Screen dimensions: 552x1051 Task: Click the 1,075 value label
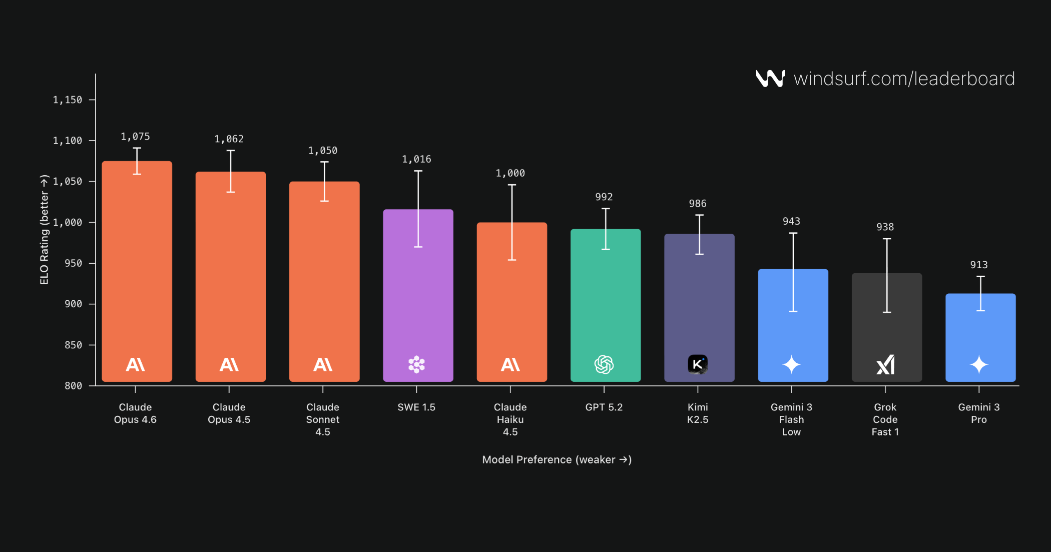click(135, 137)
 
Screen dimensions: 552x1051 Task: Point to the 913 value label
click(979, 265)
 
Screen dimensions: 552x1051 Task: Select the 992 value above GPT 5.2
click(604, 197)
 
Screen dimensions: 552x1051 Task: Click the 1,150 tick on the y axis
click(68, 100)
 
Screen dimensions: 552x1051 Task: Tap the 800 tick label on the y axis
click(73, 386)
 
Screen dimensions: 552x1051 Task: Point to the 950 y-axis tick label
click(73, 263)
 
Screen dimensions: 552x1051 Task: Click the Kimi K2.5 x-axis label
click(698, 413)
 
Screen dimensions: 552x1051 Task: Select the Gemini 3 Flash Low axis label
click(791, 419)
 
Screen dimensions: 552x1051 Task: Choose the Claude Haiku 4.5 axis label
click(510, 419)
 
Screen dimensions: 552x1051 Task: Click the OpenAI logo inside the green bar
click(604, 364)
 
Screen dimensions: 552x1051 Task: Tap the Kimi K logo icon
click(698, 364)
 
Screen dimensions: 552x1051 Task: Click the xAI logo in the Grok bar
click(885, 364)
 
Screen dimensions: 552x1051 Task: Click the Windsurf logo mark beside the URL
click(770, 79)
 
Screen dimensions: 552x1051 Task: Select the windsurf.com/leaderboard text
click(904, 79)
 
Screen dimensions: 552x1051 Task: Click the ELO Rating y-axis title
click(45, 230)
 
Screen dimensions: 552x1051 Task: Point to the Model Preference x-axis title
click(557, 459)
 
